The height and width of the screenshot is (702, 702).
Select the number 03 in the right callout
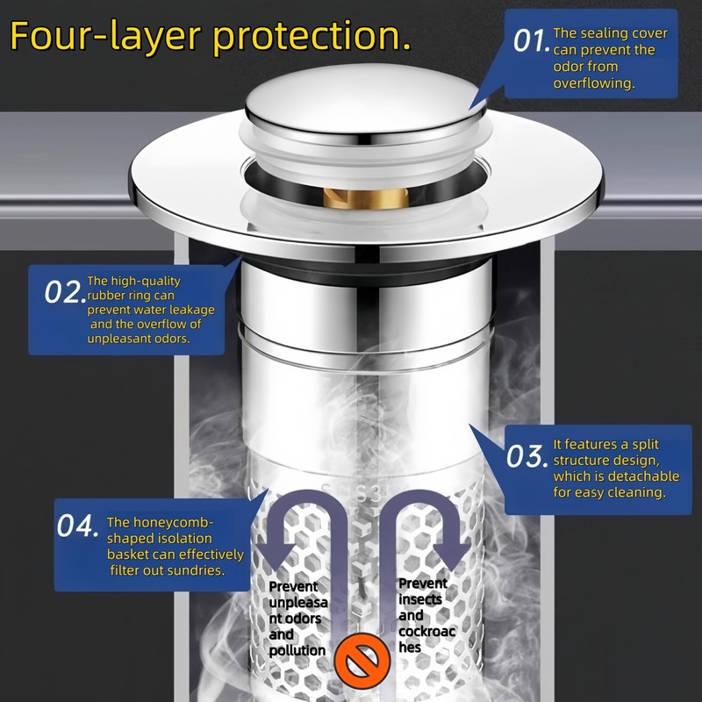pyautogui.click(x=526, y=457)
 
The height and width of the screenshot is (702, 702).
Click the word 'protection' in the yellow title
pyautogui.click(x=304, y=37)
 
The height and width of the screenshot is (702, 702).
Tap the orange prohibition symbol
pyautogui.click(x=362, y=661)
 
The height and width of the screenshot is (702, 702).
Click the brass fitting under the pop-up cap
pyautogui.click(x=365, y=198)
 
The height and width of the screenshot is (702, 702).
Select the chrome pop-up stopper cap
pyautogui.click(x=365, y=106)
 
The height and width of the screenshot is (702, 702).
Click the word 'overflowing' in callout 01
pyautogui.click(x=593, y=83)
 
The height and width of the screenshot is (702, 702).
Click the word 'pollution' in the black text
pyautogui.click(x=297, y=650)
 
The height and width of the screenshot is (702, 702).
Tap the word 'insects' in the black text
pyautogui.click(x=420, y=599)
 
